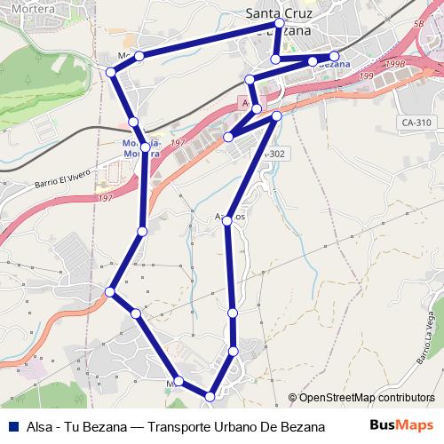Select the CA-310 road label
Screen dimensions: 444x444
coord(416,122)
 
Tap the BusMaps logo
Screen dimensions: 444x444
coord(401,425)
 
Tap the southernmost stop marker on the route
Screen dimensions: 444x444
coord(210,396)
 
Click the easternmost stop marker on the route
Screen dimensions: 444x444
coord(334,58)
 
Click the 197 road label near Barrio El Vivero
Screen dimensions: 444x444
coord(107,197)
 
